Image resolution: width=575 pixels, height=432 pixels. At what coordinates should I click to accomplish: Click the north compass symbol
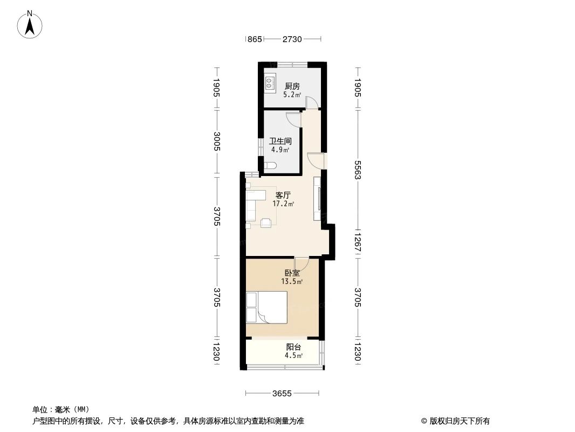(30, 24)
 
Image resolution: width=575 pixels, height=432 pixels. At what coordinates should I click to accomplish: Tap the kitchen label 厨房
(292, 86)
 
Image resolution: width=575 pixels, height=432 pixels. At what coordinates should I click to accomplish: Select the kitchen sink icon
(270, 83)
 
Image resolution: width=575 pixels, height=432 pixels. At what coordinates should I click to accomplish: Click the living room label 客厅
(283, 195)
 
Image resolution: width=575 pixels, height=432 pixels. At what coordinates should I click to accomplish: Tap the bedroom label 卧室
(292, 273)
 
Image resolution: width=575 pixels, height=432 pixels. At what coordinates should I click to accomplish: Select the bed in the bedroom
(266, 307)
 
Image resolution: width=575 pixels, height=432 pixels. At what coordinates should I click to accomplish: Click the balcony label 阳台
(293, 347)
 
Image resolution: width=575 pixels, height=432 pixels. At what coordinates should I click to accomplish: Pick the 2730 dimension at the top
(292, 39)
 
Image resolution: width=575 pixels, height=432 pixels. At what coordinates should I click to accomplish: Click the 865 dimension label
(255, 39)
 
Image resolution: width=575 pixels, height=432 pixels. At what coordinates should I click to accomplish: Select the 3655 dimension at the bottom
(282, 393)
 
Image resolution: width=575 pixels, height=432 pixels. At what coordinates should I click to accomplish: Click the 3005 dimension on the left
(217, 142)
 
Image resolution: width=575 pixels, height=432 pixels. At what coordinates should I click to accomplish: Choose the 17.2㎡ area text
(283, 204)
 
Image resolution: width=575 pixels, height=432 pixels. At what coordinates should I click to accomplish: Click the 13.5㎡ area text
(292, 281)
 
